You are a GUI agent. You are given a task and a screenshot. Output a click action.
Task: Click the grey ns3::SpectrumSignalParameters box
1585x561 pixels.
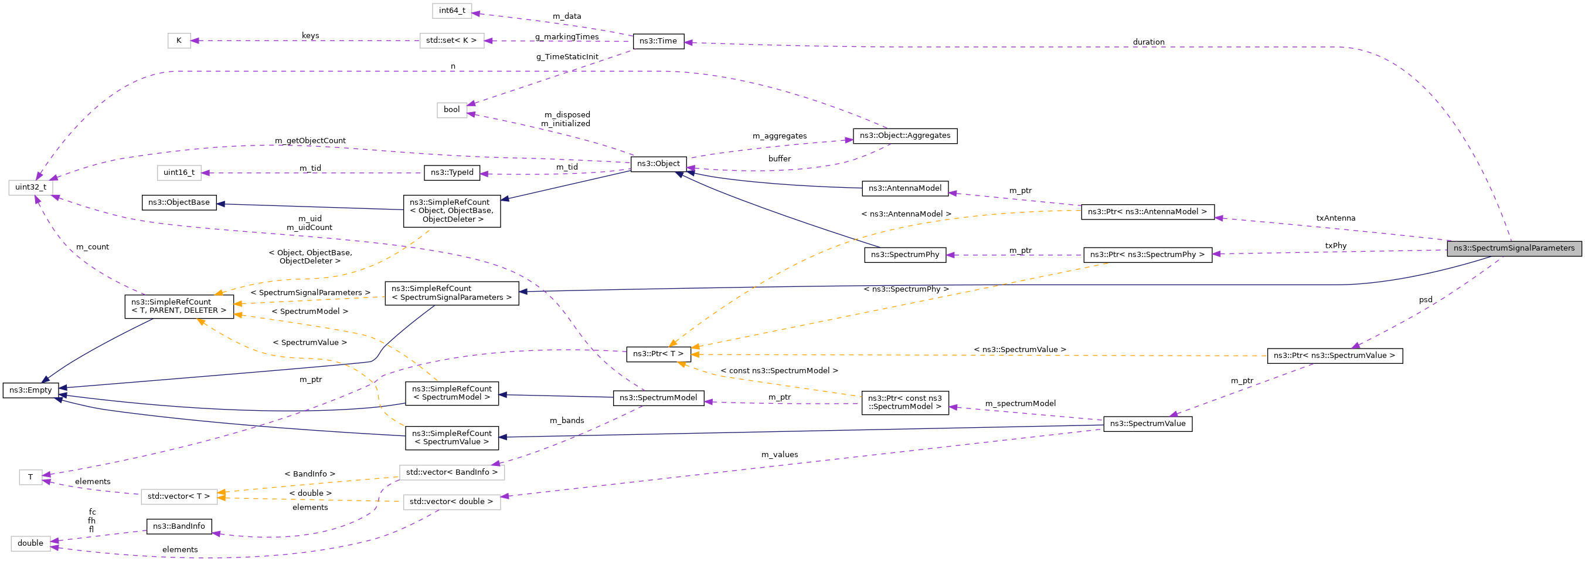(1513, 248)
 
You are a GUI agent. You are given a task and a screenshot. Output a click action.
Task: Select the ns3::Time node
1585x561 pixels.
(658, 41)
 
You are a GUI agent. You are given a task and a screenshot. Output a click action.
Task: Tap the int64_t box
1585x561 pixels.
(451, 11)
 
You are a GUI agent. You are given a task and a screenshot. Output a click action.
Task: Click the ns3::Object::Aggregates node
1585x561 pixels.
(904, 136)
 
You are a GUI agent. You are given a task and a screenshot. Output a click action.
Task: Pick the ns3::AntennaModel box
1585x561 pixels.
(904, 188)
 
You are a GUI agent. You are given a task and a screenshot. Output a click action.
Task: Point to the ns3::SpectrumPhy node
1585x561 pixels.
(904, 254)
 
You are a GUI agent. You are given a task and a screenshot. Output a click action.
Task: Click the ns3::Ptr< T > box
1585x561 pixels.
(658, 354)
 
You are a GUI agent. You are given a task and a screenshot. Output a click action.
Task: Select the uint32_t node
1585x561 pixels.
(30, 187)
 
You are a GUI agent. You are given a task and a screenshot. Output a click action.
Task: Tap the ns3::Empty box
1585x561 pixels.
(30, 390)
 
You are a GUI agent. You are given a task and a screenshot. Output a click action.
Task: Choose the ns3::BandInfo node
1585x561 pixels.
(179, 526)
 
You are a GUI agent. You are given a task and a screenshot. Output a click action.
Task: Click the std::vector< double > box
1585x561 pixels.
(451, 502)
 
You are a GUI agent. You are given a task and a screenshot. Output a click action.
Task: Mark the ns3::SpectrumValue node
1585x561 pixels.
(1147, 424)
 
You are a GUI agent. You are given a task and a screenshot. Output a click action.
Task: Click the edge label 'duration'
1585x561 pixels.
(1148, 42)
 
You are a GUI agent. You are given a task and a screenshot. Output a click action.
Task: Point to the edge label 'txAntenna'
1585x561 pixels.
(1335, 218)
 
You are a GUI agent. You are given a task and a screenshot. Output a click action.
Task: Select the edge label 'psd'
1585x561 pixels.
(1425, 300)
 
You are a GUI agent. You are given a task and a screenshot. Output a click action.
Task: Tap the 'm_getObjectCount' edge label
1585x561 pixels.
(310, 140)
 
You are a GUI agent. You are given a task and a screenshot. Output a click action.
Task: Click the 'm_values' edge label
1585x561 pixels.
(779, 454)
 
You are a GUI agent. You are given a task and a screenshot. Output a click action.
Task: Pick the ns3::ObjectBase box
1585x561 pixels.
(179, 202)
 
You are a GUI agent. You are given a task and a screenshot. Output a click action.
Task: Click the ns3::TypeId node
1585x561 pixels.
(451, 173)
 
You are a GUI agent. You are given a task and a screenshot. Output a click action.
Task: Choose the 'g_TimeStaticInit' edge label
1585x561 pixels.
(567, 57)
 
